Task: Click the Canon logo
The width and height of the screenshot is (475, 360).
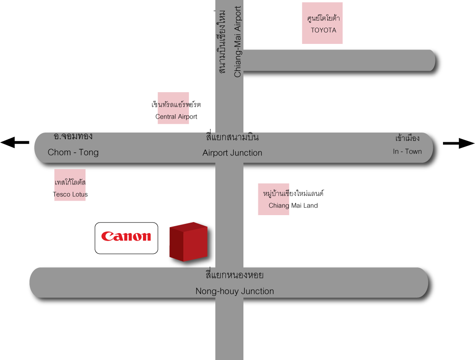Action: point(126,237)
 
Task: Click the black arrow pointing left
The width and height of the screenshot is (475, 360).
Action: point(15,142)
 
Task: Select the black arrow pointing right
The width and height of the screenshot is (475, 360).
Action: point(459,143)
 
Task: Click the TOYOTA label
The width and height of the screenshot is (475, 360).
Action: point(324,30)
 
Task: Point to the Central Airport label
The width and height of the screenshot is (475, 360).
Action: point(176,117)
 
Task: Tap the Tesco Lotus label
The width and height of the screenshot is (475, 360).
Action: point(70,194)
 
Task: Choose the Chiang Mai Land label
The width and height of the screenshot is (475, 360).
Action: point(293,205)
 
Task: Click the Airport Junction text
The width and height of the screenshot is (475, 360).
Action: point(232,153)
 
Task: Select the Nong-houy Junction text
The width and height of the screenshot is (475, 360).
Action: point(235,291)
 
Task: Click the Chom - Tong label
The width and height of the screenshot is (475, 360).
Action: point(73,152)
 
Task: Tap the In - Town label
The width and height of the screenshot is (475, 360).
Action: point(407,151)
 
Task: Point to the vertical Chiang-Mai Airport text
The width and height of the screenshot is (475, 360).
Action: point(238,42)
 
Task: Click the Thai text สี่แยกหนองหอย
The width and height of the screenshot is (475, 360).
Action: point(234,276)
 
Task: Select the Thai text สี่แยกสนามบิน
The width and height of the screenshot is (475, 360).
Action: point(232,137)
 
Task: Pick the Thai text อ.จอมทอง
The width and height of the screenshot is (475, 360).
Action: point(73,137)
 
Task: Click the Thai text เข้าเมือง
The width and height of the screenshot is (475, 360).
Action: point(407,139)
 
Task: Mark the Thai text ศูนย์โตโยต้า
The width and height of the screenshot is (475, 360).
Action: point(324,18)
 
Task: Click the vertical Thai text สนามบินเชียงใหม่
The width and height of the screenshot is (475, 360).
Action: point(221,42)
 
